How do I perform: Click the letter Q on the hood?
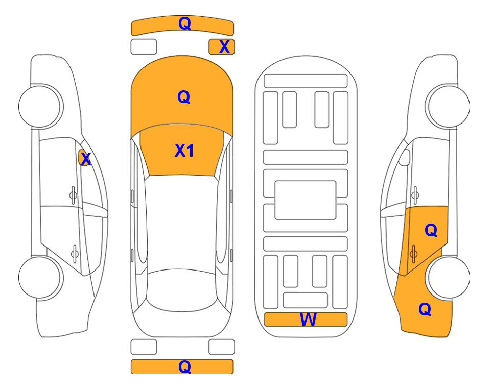(183, 97)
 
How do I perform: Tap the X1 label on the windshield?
(184, 151)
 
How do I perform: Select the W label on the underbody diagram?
(308, 320)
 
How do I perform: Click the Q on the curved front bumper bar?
(184, 23)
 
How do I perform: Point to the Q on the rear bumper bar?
(184, 366)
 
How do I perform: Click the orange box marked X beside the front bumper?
(222, 47)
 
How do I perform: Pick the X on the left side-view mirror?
(85, 159)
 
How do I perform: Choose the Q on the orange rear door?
(431, 231)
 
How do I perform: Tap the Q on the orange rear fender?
(425, 309)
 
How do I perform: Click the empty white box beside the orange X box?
(144, 47)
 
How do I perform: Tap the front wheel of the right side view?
(448, 106)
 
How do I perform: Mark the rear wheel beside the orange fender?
(449, 277)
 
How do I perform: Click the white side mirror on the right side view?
(405, 157)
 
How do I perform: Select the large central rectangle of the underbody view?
(306, 200)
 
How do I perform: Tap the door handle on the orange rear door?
(413, 254)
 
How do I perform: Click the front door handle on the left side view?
(73, 195)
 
